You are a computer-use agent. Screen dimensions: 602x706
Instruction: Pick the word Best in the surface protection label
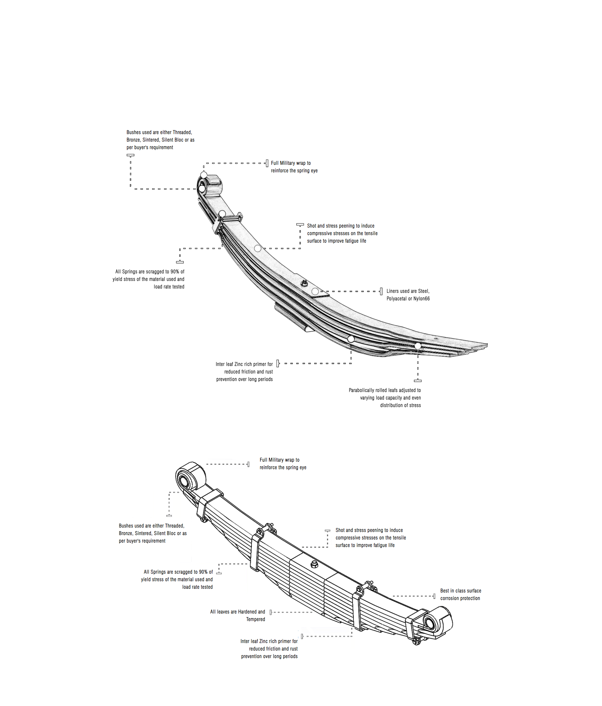(x=445, y=591)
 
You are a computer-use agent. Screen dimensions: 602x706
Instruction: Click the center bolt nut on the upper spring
(x=305, y=283)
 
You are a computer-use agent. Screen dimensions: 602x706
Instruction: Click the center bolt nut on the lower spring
(x=314, y=564)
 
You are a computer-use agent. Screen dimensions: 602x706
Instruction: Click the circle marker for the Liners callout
(x=315, y=291)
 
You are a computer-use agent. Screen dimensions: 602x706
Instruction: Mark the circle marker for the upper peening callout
(x=258, y=249)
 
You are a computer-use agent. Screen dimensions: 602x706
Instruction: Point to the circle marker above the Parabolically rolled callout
(x=418, y=346)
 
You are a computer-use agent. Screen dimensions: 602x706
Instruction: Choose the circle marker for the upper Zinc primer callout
(x=351, y=339)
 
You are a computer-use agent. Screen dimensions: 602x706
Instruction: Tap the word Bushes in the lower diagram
(x=126, y=526)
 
